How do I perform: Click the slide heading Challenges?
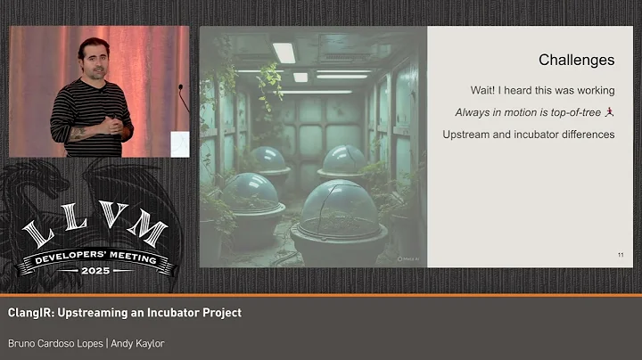pos(576,61)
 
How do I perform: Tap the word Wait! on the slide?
pos(486,90)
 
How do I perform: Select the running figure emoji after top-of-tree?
pos(609,112)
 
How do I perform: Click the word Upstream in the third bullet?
pos(469,135)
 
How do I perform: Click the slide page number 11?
pos(620,256)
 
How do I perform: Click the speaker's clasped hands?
pos(106,126)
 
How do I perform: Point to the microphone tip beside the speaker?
pos(180,88)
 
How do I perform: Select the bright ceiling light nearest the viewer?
pos(284,53)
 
